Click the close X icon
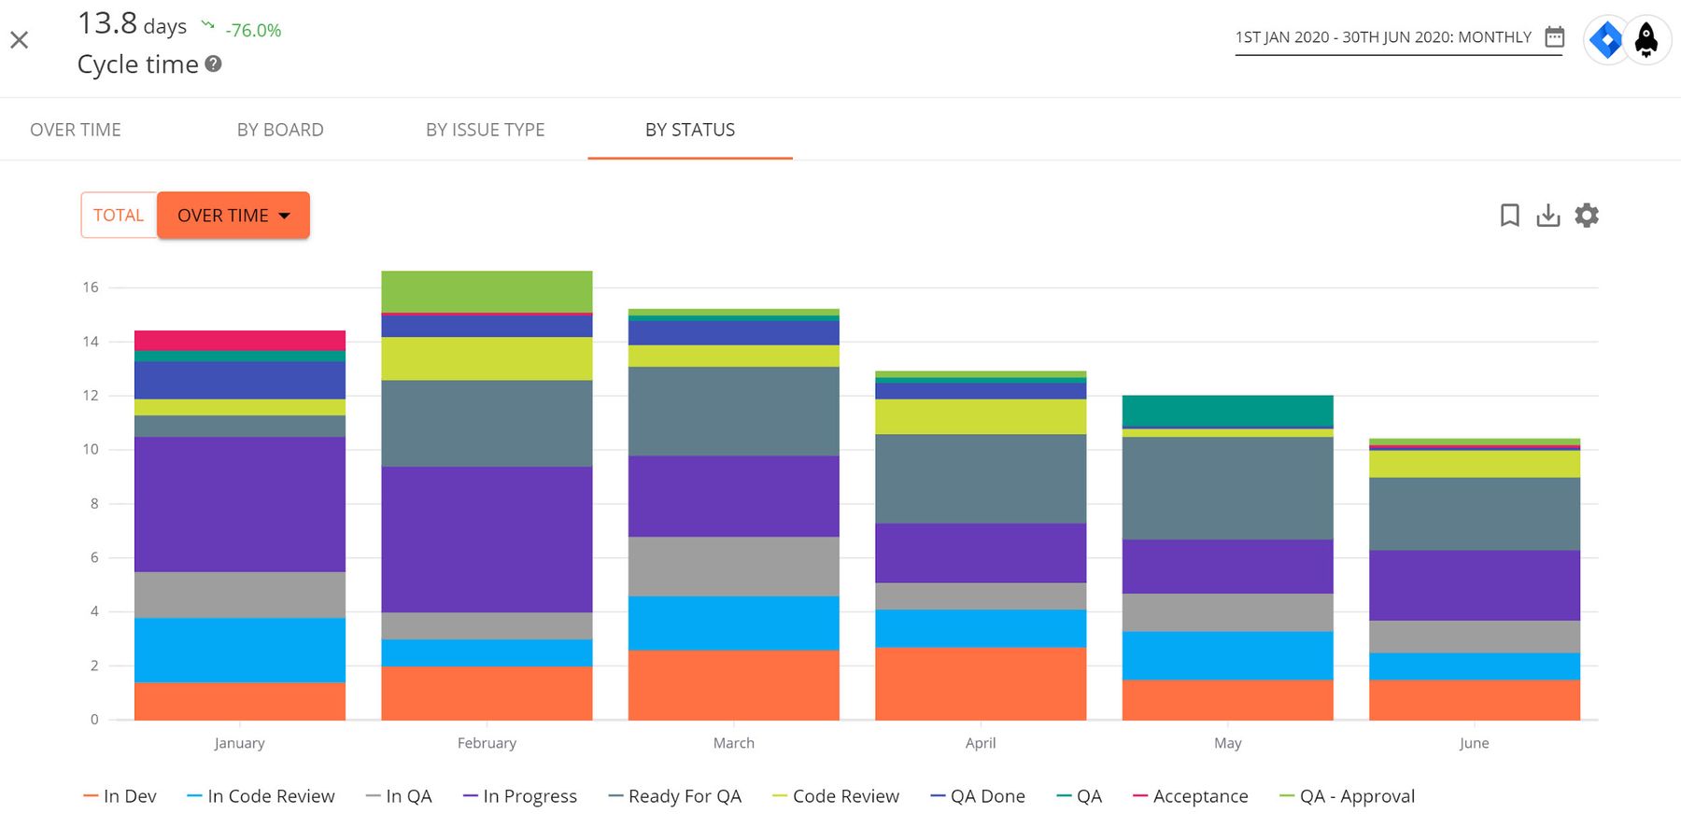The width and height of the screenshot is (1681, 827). point(20,40)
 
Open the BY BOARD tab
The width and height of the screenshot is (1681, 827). point(280,130)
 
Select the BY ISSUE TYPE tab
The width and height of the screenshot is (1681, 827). point(485,130)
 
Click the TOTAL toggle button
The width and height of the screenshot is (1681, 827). point(119,215)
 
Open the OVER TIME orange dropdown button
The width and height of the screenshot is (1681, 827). point(233,215)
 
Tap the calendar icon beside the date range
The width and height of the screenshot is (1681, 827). point(1554,37)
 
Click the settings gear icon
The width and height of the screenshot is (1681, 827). point(1587,216)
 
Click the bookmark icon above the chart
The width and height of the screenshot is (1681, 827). point(1509,216)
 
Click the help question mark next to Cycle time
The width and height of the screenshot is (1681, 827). point(213,64)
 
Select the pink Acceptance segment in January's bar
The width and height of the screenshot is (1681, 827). point(240,340)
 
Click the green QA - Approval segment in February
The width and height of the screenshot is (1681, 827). point(487,291)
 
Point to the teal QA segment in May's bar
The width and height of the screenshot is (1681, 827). point(1227,411)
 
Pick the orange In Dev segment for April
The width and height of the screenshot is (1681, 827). point(981,683)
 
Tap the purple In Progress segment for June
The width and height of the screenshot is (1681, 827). point(1474,585)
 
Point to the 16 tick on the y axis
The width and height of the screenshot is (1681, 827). point(90,287)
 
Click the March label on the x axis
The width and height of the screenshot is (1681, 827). point(733,743)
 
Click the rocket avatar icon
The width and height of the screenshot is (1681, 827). point(1646,40)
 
